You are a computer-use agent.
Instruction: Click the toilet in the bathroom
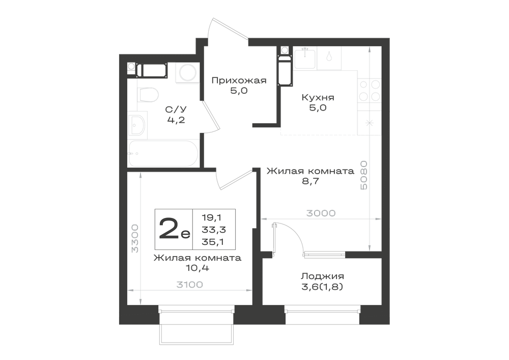point(148,95)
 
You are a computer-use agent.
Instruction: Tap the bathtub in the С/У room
point(163,154)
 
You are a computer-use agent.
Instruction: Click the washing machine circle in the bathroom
point(187,72)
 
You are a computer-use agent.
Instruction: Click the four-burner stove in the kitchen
point(370,91)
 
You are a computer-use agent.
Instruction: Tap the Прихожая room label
point(239,80)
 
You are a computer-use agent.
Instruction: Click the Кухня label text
point(318,97)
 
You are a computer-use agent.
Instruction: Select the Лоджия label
point(322,276)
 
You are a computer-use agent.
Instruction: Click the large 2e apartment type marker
point(174,229)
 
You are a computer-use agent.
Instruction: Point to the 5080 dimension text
point(363,175)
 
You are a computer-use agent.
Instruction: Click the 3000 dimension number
point(321,213)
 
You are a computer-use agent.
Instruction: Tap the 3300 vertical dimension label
point(135,239)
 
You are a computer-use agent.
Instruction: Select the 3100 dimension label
point(189,285)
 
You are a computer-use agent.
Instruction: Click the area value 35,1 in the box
point(214,241)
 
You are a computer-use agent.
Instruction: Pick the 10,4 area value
point(197,268)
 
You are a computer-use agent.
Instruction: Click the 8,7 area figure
point(310,181)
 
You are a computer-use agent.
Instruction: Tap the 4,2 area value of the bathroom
point(176,120)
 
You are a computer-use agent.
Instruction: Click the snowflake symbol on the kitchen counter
point(370,123)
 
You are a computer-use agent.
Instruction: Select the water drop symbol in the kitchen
point(329,57)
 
